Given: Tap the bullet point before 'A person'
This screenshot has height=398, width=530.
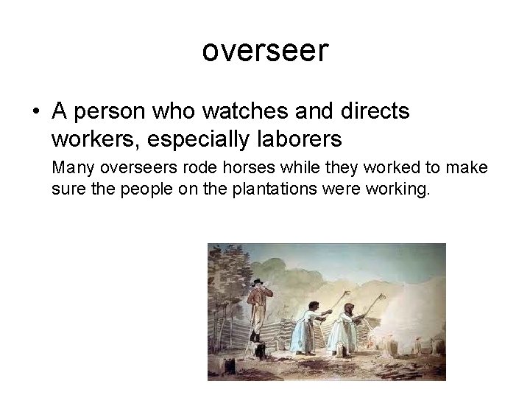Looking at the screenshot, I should click(x=36, y=113).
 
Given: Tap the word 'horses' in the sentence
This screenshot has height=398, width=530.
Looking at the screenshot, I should click(x=220, y=168).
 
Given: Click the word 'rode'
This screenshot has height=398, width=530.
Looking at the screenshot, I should click(x=175, y=168).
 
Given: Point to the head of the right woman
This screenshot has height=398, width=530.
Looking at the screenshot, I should click(x=348, y=308).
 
